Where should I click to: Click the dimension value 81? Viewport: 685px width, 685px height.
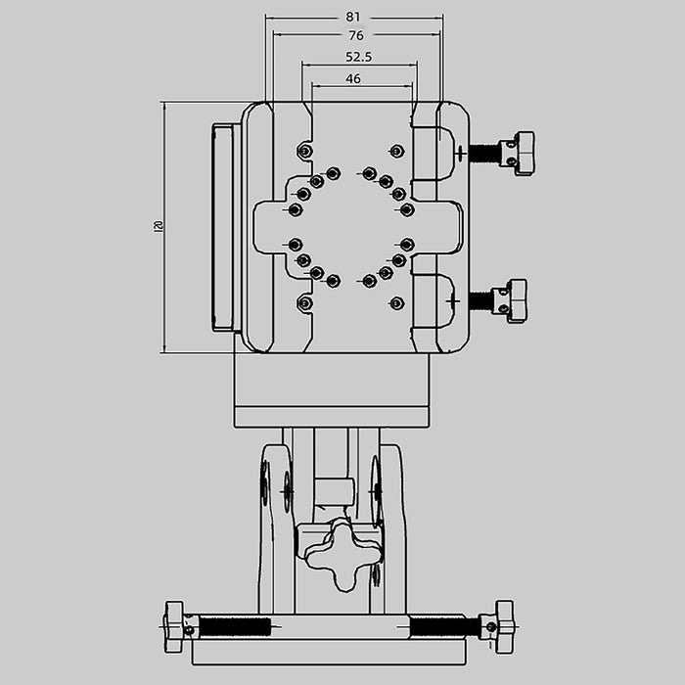tap(353, 17)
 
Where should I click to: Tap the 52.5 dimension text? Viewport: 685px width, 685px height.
tap(358, 57)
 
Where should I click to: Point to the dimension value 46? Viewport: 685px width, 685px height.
tap(353, 78)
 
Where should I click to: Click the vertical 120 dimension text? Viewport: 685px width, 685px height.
tap(158, 226)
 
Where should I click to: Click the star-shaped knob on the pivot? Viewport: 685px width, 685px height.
tap(341, 553)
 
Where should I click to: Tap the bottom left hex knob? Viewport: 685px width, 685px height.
tap(175, 626)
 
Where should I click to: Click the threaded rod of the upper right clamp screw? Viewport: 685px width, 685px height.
tap(483, 153)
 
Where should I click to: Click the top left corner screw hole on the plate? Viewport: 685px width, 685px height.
tap(304, 151)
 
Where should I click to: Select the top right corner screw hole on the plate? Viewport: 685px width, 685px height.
tap(395, 151)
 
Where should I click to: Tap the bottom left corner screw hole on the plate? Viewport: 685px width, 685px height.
tap(304, 303)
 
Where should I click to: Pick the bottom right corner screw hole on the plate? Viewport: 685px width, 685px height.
tap(395, 303)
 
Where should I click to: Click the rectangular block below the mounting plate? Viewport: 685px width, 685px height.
tap(332, 389)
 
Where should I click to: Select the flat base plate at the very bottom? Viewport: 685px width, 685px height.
tap(329, 652)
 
